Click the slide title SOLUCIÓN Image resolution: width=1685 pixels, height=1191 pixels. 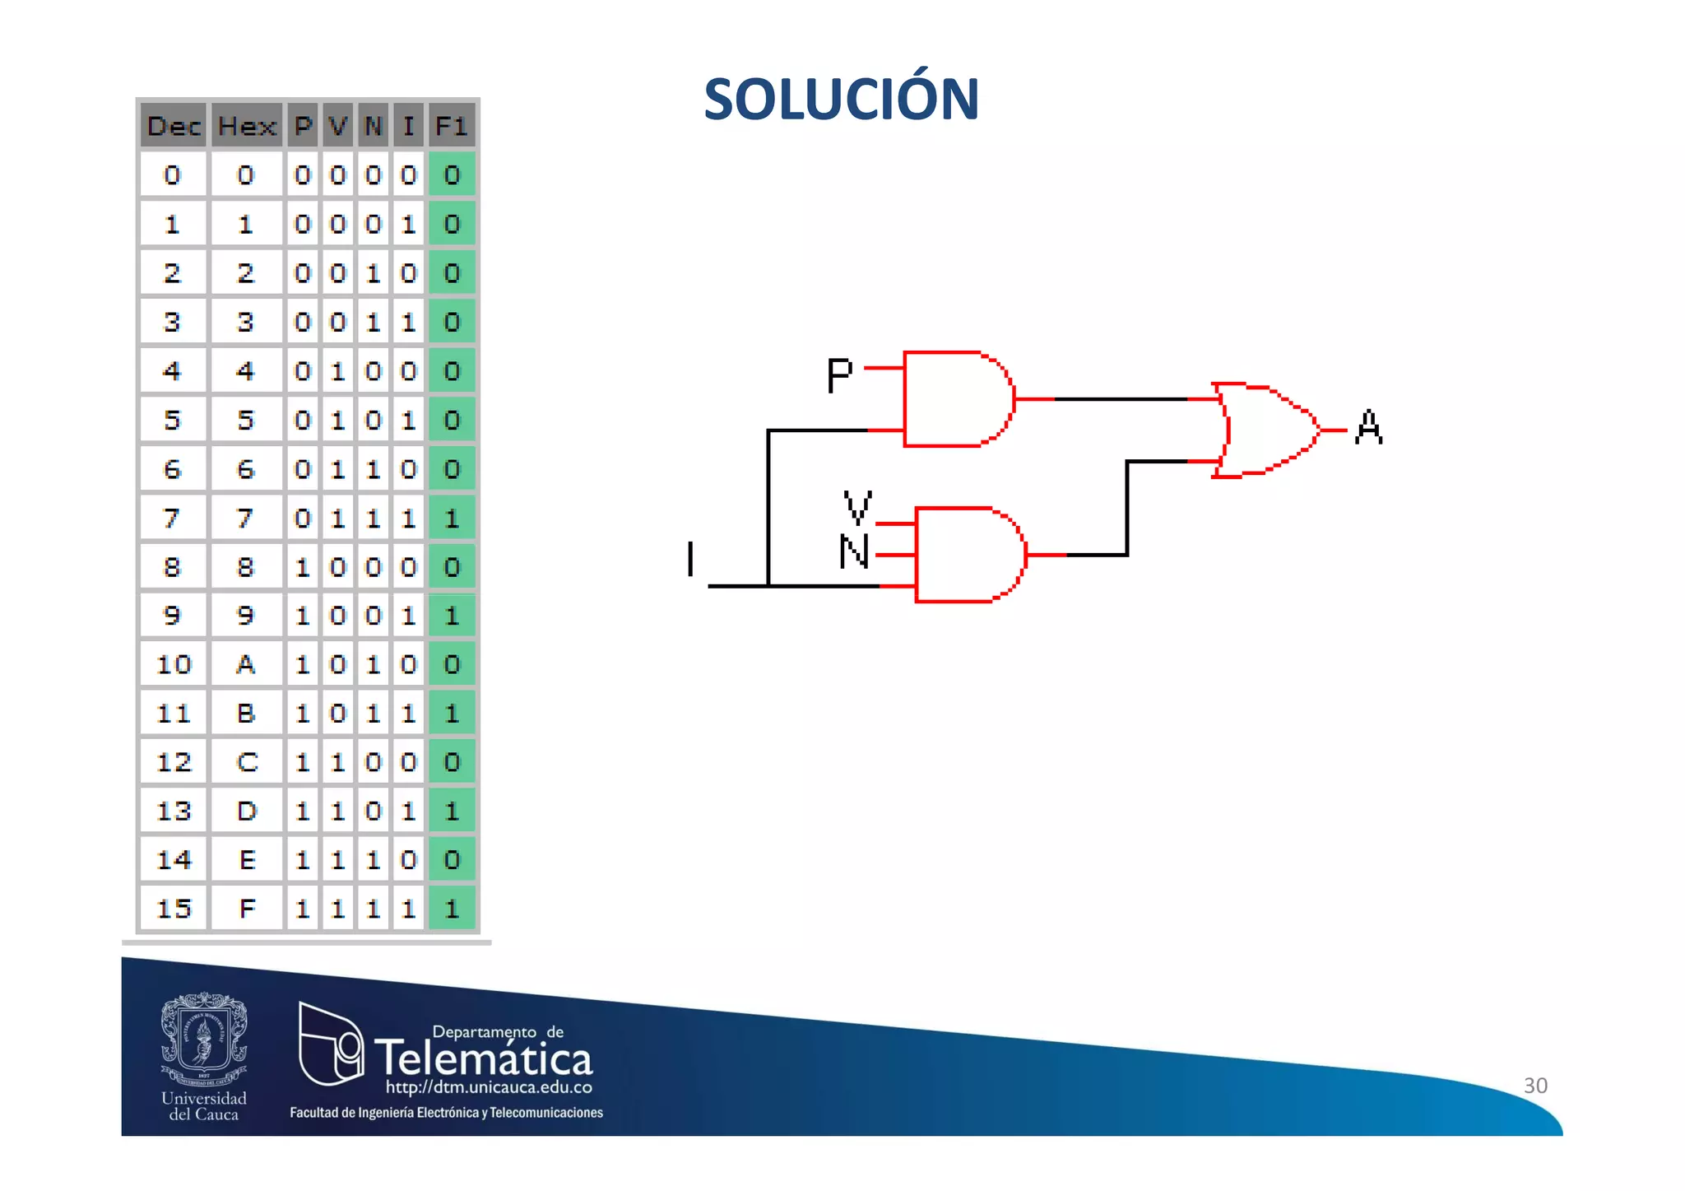(x=841, y=100)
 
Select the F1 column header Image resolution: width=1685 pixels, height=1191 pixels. (x=451, y=127)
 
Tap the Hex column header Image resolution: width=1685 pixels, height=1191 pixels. (x=246, y=127)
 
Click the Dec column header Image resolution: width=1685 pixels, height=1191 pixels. (x=174, y=127)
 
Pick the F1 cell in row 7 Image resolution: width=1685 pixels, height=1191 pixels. (x=452, y=519)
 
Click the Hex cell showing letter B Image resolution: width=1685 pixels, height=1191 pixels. (x=246, y=714)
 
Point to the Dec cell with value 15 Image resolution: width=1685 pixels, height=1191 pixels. (x=174, y=909)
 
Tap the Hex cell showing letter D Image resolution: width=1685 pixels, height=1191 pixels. (x=246, y=812)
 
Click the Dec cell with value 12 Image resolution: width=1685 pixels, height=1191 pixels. (x=174, y=762)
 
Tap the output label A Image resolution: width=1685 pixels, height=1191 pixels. (x=1368, y=427)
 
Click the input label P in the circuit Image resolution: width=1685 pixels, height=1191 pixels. (x=839, y=375)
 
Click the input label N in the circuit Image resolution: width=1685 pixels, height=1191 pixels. (x=854, y=551)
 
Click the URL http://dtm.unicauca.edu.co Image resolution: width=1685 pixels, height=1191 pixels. (x=489, y=1087)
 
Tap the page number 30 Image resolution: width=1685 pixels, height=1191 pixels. (x=1535, y=1086)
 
